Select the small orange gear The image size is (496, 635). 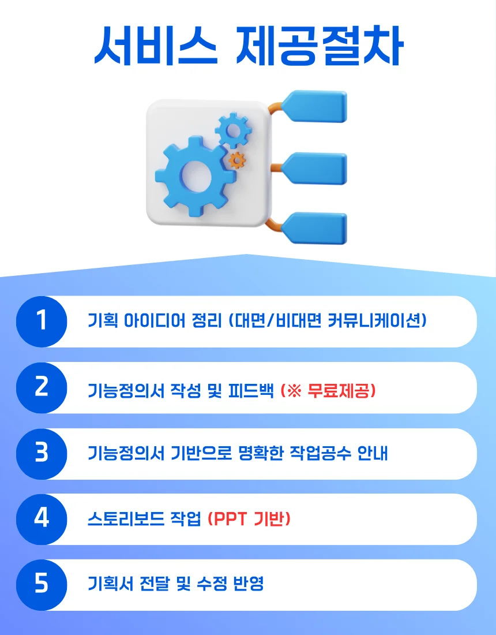[237, 159]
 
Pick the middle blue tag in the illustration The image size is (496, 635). [317, 169]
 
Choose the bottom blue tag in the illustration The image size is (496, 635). [317, 227]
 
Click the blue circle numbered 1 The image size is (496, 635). [42, 321]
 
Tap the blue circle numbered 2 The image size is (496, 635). [42, 387]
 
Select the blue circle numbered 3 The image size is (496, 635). [42, 453]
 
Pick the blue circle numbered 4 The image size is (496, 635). [42, 519]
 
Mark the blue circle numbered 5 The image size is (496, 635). [42, 585]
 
